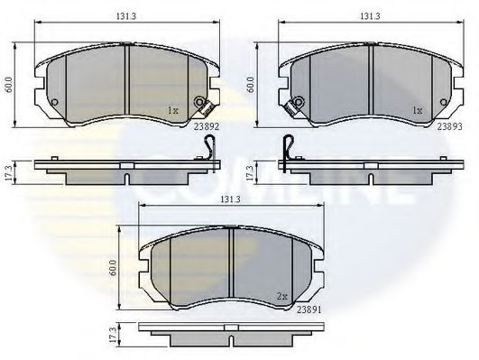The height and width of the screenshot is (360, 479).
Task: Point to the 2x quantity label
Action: pos(282,295)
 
